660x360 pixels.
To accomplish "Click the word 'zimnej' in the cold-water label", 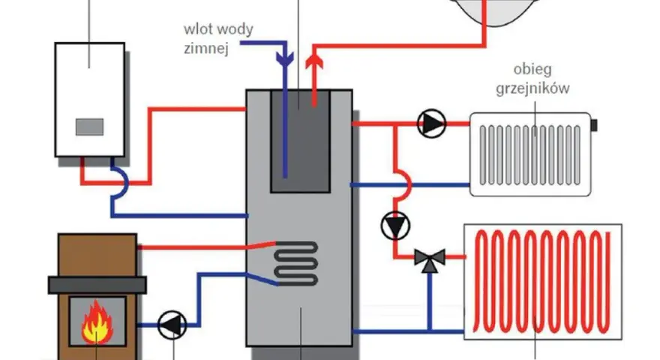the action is tap(206, 49).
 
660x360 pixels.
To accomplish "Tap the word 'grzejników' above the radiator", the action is tap(532, 88).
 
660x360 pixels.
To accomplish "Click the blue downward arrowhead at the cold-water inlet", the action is tap(285, 58).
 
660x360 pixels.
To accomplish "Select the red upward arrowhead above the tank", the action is tap(314, 62).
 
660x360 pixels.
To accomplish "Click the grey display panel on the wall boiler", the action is tap(90, 127).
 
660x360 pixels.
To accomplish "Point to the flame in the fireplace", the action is tap(97, 322).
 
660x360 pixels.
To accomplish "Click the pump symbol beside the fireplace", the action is tap(172, 325).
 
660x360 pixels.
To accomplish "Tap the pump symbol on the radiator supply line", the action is tap(431, 123).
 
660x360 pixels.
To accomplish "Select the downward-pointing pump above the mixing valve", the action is tap(395, 226).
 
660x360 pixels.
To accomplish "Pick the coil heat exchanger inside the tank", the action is tap(296, 263).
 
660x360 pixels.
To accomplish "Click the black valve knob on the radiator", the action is tap(594, 125).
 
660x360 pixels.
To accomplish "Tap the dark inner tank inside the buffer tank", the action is tap(300, 141).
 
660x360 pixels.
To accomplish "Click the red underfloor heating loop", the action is tap(542, 281).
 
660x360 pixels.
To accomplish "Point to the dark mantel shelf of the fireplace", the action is tap(97, 285).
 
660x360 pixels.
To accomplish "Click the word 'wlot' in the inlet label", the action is tap(194, 29).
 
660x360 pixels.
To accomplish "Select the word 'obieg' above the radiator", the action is tap(532, 70).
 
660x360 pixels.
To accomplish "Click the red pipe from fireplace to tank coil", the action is tap(206, 246).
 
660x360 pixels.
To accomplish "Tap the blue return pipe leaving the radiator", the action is tap(410, 184).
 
